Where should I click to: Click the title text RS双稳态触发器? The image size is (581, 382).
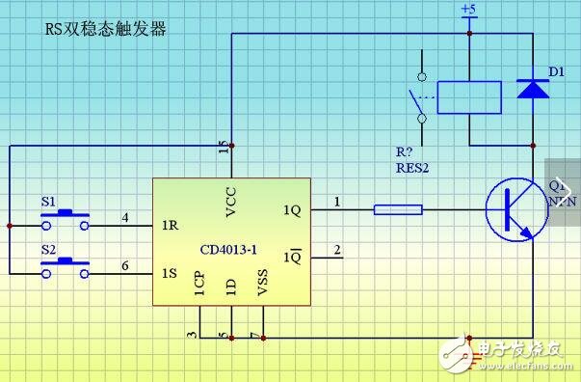(106, 30)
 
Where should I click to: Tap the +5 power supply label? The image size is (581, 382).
(469, 10)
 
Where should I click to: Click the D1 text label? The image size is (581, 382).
(556, 71)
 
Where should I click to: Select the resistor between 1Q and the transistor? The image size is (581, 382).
(397, 208)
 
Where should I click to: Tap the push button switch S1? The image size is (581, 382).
(66, 220)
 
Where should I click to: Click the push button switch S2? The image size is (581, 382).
(66, 269)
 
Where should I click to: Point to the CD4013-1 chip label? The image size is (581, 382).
(227, 249)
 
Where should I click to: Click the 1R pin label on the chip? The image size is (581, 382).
(170, 225)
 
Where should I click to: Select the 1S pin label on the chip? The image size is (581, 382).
(170, 274)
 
